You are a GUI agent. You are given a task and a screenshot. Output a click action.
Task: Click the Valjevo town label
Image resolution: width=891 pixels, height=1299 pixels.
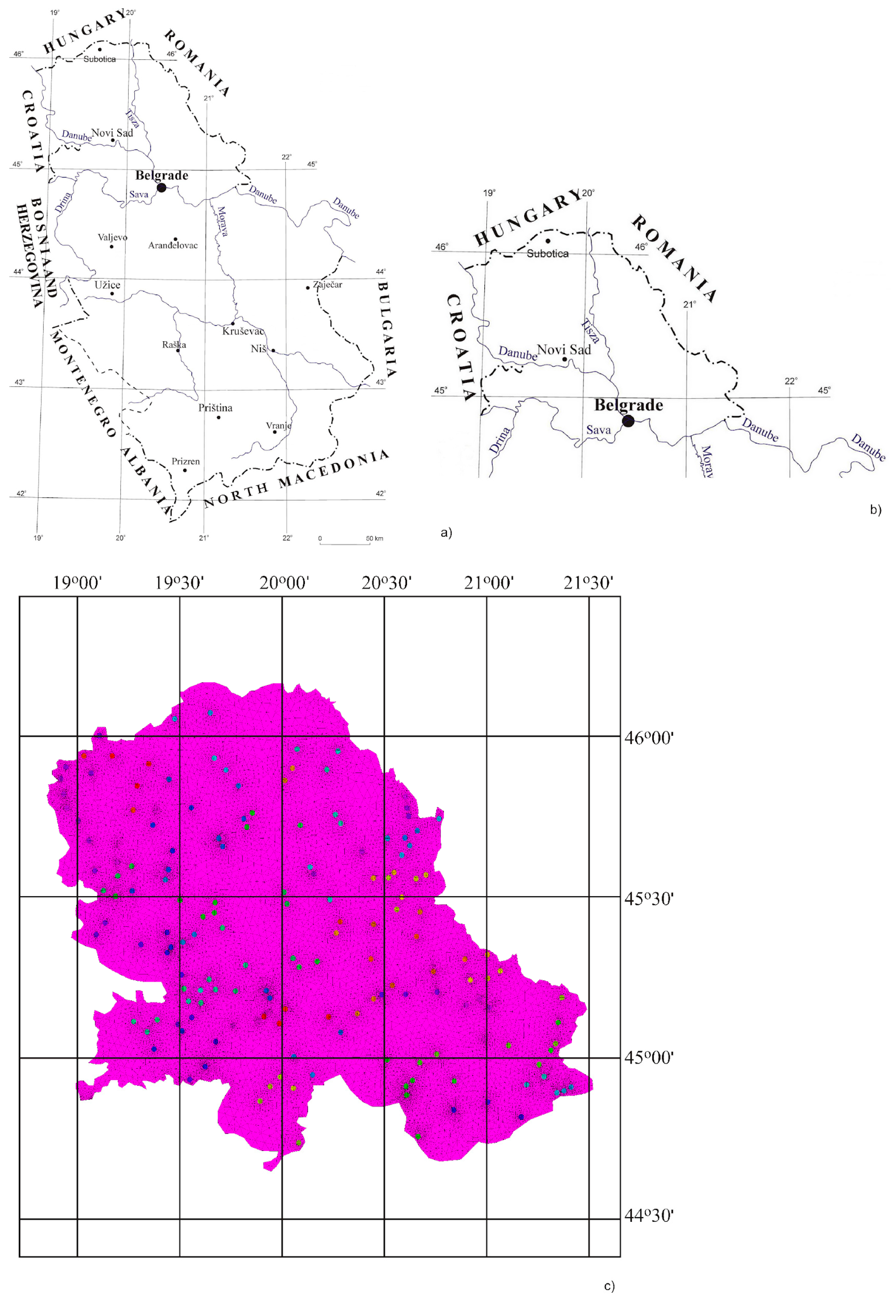(x=112, y=237)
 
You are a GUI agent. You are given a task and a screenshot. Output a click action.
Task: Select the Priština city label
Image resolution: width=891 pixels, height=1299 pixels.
(x=215, y=408)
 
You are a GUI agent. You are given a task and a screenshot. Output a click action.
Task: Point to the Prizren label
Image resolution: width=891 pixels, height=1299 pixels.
(x=186, y=461)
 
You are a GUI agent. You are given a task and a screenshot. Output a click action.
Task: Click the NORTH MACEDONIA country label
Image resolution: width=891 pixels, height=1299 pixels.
(x=296, y=479)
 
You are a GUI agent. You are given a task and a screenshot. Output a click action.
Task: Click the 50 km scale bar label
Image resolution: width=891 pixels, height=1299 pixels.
(x=374, y=538)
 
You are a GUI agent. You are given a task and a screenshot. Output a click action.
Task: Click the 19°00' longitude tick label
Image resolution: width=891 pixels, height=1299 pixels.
(x=77, y=583)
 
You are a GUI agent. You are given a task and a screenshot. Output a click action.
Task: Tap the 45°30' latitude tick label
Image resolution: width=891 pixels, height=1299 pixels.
(x=648, y=899)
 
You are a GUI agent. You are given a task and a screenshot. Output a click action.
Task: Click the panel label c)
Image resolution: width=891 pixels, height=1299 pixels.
(x=609, y=1286)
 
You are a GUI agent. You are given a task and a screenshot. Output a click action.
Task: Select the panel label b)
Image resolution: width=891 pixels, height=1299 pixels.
(x=876, y=510)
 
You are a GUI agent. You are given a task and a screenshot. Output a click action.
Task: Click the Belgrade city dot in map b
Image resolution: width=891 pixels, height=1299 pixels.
(x=628, y=421)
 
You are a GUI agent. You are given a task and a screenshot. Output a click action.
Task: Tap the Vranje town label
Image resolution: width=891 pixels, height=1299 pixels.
(x=278, y=425)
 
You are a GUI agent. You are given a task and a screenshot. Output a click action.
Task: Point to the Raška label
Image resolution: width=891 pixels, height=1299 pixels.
(x=174, y=345)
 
